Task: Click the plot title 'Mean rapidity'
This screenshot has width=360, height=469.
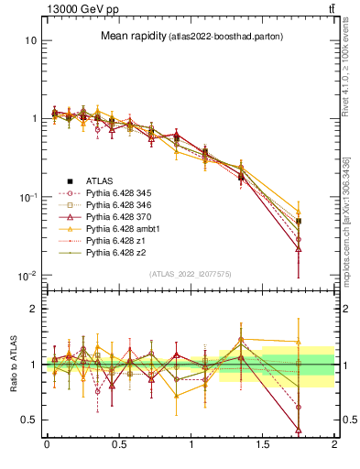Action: click(x=131, y=36)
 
